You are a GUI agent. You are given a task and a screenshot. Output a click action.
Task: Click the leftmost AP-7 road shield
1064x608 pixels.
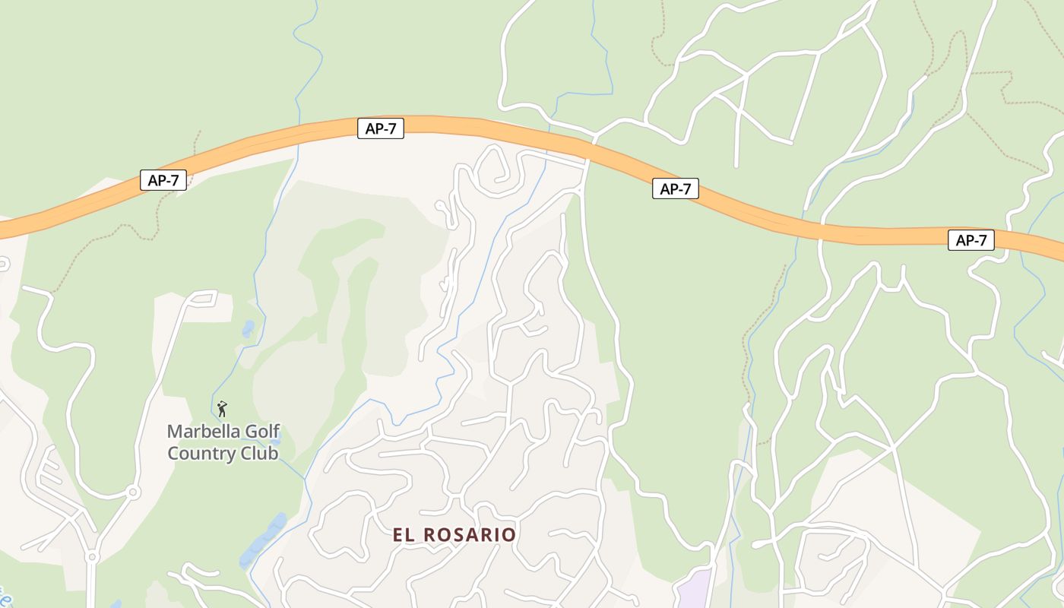click(163, 180)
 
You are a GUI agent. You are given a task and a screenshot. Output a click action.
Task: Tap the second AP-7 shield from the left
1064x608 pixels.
click(380, 128)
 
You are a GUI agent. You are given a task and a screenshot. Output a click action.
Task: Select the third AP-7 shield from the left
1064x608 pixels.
click(675, 189)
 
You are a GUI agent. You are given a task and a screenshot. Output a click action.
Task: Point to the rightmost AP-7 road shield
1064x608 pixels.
click(971, 240)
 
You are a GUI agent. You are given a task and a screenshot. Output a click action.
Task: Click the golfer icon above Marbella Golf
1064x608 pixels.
click(222, 409)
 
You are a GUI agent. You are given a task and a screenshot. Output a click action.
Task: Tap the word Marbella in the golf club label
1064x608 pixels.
click(198, 432)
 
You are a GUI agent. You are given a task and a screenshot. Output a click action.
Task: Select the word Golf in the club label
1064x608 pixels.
click(256, 432)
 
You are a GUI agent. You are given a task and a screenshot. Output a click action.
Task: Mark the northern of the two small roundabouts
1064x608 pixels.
click(134, 492)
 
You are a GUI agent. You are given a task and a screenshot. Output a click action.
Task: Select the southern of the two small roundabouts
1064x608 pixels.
click(92, 557)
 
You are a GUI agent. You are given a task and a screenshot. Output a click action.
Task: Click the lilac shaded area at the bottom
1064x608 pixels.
click(693, 589)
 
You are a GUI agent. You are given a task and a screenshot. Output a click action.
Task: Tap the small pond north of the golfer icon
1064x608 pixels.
click(249, 329)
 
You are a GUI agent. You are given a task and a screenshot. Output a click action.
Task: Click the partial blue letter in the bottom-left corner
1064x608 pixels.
click(5, 597)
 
